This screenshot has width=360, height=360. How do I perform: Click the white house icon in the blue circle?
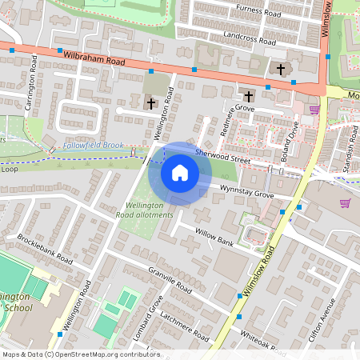180,173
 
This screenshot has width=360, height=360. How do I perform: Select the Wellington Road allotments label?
144,210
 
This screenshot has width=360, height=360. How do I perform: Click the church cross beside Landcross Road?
280,70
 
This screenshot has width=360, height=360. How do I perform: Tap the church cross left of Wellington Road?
150,103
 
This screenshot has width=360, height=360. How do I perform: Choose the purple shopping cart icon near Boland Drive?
314,110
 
